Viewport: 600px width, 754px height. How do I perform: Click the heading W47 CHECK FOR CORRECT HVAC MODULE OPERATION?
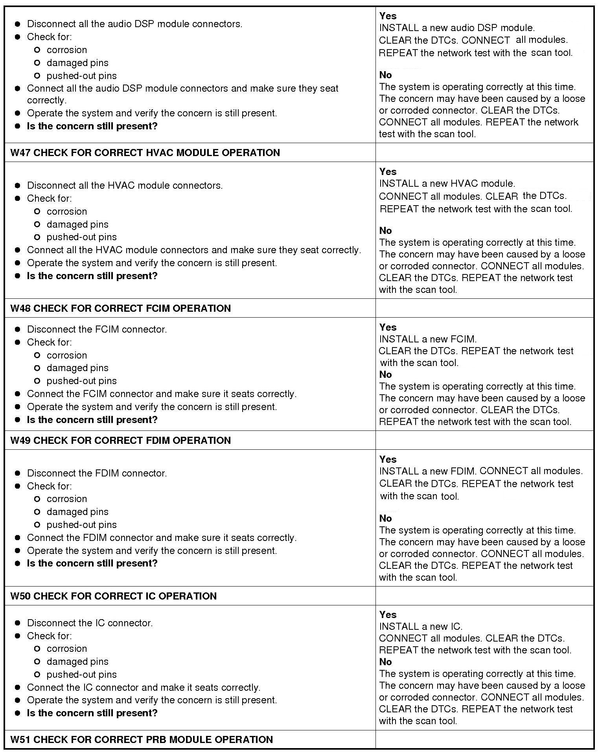145,153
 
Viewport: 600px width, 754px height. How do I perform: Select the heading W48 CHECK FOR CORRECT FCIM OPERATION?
120,308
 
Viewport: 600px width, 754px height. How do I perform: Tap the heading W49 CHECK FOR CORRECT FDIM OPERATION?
120,440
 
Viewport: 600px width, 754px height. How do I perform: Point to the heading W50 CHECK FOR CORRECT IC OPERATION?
113,596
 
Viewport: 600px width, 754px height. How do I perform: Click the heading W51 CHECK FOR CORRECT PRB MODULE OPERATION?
142,739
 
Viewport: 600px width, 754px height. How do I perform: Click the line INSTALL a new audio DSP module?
456,28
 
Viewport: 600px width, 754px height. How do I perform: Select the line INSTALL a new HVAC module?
447,184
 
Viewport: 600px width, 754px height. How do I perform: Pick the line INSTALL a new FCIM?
428,339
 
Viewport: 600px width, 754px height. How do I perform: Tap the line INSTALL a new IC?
421,626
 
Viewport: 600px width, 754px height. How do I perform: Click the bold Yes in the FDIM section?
388,459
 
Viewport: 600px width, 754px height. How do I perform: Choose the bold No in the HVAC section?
385,230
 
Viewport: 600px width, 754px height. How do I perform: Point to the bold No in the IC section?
385,662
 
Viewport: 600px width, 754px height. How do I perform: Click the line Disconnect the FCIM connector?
97,329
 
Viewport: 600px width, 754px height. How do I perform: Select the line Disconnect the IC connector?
90,623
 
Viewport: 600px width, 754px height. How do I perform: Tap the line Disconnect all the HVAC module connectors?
125,186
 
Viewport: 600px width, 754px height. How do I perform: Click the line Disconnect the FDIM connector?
97,473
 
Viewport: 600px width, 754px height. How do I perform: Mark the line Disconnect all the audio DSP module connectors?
134,24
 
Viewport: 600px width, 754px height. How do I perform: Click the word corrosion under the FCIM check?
66,355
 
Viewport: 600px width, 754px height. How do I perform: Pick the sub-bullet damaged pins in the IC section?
77,662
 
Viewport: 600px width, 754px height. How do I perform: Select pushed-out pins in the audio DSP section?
81,76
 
